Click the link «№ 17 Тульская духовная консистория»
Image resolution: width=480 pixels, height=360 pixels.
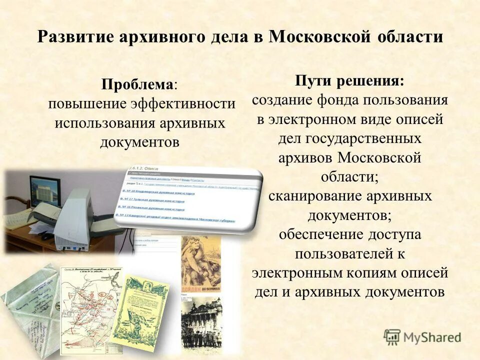click(155, 200)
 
